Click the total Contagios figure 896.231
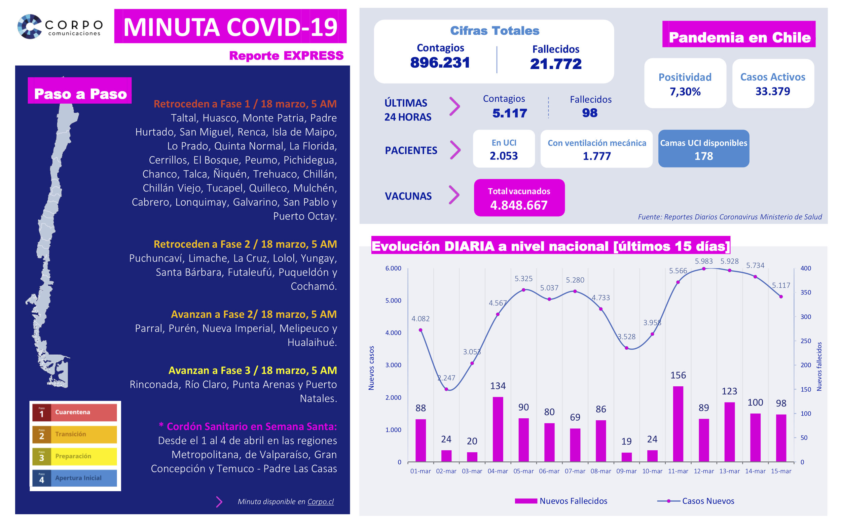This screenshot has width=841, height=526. tap(440, 63)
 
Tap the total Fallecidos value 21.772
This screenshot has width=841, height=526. tap(556, 64)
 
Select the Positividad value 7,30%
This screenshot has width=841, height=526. tap(685, 92)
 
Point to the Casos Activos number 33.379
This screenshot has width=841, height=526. tap(772, 92)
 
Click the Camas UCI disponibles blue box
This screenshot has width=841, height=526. tap(703, 149)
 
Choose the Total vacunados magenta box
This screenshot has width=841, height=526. tap(519, 198)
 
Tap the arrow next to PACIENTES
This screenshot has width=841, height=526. tap(455, 150)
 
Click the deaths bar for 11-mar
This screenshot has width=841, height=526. tap(678, 424)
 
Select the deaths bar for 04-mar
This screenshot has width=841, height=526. tap(498, 429)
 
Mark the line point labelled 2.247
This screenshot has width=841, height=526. tap(446, 389)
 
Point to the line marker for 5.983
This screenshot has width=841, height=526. tap(704, 269)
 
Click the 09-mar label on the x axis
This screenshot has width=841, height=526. tap(626, 471)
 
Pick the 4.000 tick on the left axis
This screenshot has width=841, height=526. tap(393, 333)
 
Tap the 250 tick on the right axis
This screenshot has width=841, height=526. tap(806, 341)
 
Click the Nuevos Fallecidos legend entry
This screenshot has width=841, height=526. tap(560, 501)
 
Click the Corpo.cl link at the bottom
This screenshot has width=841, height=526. tap(320, 502)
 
